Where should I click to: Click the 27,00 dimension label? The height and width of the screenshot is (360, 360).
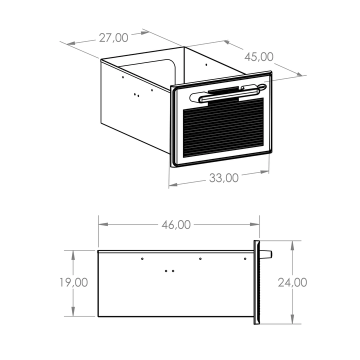[113, 38]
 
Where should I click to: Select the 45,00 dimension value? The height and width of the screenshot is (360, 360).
[259, 57]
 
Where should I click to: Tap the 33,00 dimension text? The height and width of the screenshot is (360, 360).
[224, 178]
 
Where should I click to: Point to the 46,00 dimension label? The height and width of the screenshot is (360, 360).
[176, 225]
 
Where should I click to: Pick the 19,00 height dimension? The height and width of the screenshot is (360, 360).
[73, 282]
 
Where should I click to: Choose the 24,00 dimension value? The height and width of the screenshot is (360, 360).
[292, 282]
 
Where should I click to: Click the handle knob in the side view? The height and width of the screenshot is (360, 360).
[266, 254]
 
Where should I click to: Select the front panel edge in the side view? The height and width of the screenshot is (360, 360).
[256, 282]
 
